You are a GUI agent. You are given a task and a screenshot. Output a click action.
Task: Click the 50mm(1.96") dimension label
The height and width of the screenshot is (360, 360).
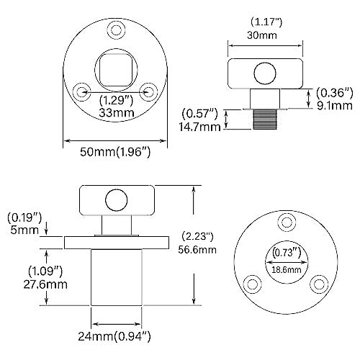[115, 152]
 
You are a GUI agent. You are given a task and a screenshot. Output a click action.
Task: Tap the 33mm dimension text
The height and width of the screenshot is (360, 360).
[117, 112]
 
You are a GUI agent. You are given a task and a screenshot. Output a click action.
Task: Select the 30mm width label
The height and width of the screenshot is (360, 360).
[262, 35]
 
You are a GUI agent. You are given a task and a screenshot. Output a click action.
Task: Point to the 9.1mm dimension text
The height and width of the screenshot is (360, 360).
[335, 105]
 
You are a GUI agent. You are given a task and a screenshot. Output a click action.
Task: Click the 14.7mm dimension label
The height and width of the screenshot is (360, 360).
[199, 127]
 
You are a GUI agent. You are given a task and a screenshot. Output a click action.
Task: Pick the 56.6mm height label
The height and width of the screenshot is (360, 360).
[197, 250]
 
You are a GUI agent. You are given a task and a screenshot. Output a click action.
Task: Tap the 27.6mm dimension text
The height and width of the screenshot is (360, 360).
[45, 284]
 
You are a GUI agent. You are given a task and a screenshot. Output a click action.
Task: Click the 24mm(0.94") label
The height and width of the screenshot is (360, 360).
[114, 336]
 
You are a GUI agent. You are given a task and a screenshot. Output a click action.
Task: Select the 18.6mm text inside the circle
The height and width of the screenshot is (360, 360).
[286, 270]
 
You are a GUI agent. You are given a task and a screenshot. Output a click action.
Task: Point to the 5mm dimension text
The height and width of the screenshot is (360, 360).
[24, 230]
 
